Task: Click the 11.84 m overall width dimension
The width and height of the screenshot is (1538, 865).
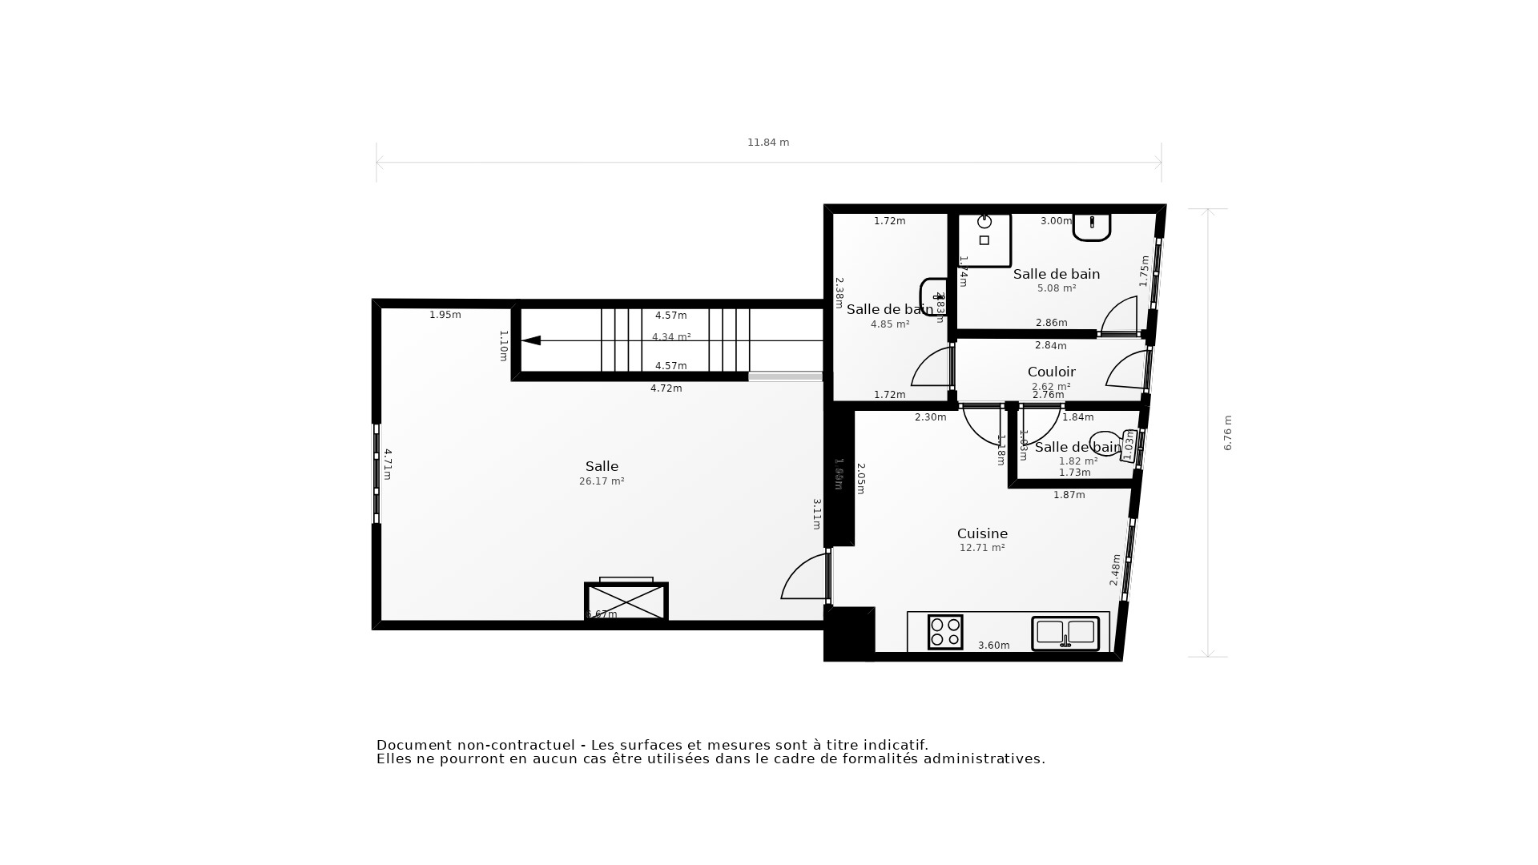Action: (x=767, y=143)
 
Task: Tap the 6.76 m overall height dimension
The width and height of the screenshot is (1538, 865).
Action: (x=1227, y=432)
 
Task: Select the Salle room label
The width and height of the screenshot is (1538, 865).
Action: (x=602, y=466)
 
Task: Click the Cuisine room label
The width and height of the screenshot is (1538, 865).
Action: (x=982, y=533)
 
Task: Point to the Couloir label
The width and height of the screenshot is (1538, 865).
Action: (x=1051, y=372)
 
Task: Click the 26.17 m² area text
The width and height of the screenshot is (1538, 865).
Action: (x=602, y=481)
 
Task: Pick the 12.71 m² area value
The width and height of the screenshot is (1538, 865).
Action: (x=982, y=548)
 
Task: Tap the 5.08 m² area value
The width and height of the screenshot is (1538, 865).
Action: (x=1056, y=288)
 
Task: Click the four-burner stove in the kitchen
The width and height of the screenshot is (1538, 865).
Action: (x=945, y=632)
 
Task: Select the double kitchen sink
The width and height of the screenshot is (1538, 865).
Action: (x=1065, y=633)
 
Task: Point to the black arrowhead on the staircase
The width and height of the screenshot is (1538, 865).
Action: (x=531, y=340)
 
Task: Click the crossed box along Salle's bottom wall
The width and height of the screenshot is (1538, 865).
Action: (x=626, y=601)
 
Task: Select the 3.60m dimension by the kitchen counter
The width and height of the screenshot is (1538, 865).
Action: (x=993, y=646)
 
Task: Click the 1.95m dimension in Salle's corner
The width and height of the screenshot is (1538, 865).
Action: (x=445, y=315)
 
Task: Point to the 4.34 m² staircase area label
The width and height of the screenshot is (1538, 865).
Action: (x=671, y=337)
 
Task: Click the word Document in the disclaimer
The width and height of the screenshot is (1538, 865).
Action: (x=415, y=745)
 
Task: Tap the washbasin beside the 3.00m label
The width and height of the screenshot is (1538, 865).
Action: (x=1091, y=227)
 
